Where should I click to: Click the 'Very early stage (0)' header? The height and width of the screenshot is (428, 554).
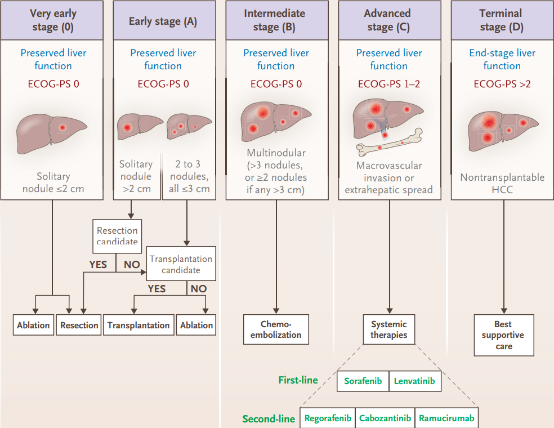[52, 20]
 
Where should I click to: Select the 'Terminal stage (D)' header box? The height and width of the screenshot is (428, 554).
[502, 20]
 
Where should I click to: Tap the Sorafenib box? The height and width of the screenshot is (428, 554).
[363, 381]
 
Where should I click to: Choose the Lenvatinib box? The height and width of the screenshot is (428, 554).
[415, 381]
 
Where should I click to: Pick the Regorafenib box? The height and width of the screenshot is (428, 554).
[328, 418]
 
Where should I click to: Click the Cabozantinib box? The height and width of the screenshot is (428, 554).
[385, 418]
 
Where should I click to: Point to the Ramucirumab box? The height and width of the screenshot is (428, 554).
[446, 418]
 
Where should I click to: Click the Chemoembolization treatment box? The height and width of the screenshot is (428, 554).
[276, 329]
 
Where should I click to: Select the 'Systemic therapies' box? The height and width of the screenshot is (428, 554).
[389, 329]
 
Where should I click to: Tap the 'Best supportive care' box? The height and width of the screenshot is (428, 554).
[504, 335]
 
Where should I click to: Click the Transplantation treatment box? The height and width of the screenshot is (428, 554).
[138, 325]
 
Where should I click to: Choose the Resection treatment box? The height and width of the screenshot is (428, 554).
[79, 325]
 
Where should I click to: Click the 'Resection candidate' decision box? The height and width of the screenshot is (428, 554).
[117, 236]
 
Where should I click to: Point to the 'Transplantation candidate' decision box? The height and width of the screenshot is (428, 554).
[181, 264]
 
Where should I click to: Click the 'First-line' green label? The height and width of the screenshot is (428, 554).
[298, 380]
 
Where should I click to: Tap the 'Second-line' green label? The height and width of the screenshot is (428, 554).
[269, 419]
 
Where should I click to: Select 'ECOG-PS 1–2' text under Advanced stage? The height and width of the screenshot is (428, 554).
[389, 84]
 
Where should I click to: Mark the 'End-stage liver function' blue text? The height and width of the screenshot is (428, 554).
[502, 59]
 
